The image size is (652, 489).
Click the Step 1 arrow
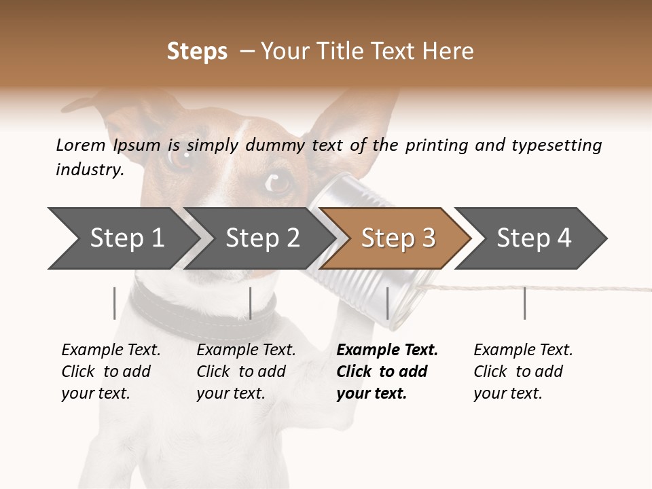[122, 238]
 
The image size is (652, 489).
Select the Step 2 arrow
[261, 238]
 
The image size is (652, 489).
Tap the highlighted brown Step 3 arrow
[397, 238]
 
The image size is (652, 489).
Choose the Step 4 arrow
[533, 238]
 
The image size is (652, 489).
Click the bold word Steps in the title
[197, 51]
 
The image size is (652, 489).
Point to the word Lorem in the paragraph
[81, 145]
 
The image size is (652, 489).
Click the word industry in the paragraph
[89, 170]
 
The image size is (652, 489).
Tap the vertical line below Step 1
[114, 303]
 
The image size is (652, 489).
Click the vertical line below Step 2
[251, 303]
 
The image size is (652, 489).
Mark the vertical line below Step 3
[387, 303]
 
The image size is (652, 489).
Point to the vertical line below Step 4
[524, 303]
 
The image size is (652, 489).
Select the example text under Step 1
[110, 372]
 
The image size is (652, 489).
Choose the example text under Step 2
[245, 372]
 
